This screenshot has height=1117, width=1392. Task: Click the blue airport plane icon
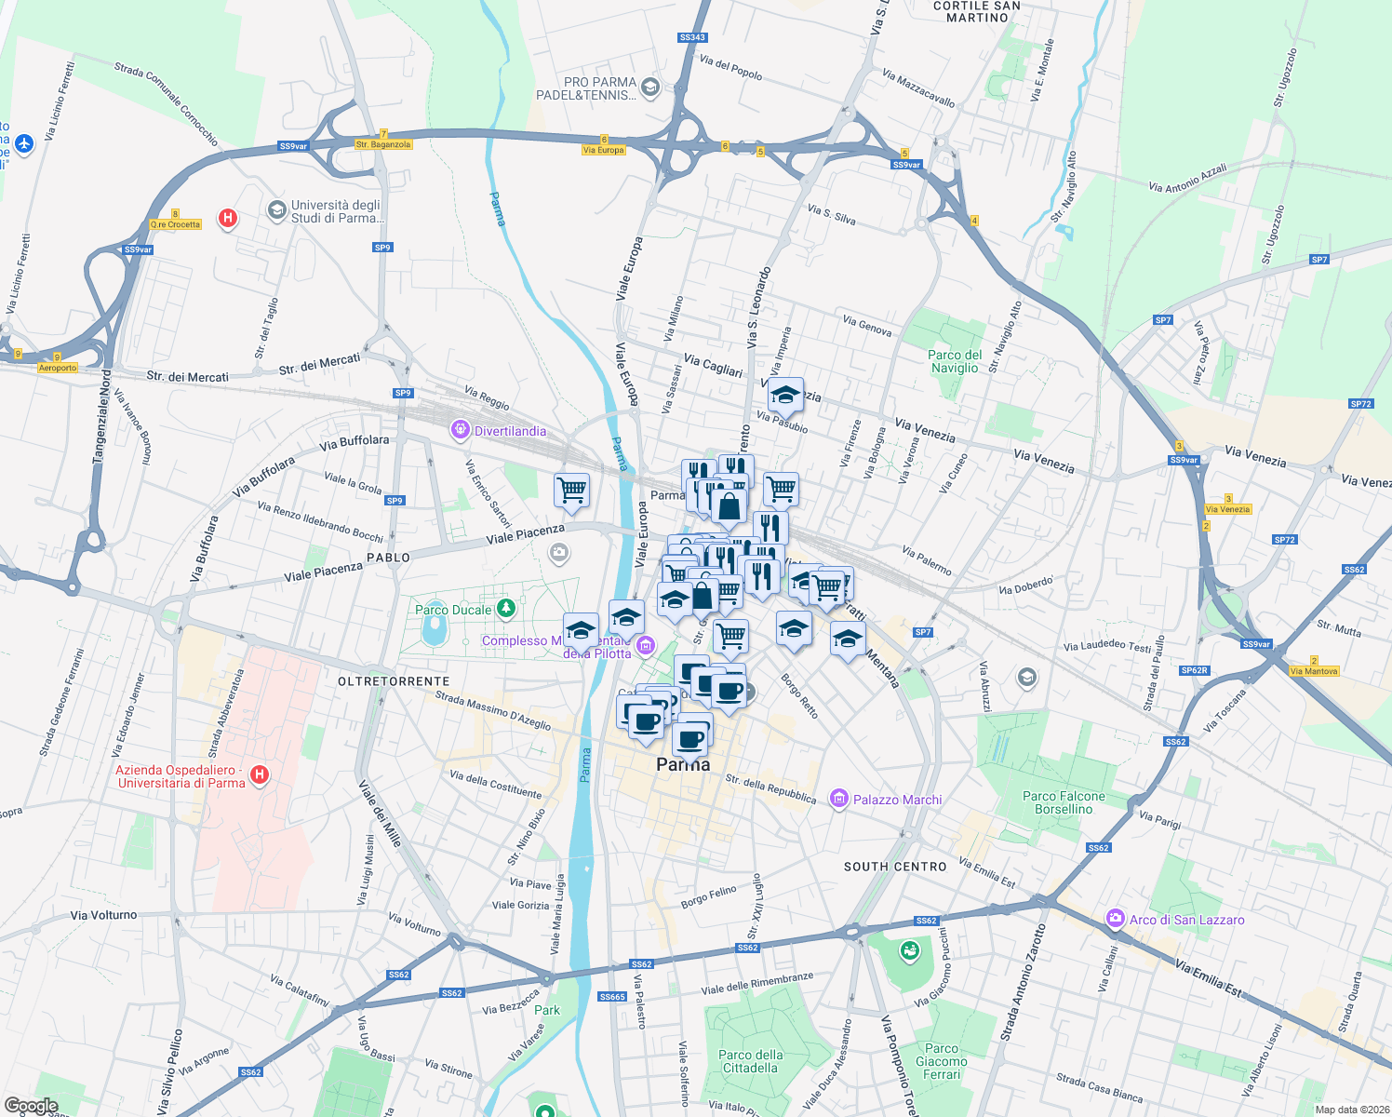point(24,143)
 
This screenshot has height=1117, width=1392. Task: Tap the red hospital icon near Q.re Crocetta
point(227,219)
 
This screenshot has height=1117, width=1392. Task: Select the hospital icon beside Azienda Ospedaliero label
point(260,774)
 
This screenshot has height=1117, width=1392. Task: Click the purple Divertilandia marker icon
point(460,430)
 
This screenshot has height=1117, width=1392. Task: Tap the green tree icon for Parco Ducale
point(505,609)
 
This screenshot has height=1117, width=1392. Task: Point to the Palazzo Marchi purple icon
point(839,799)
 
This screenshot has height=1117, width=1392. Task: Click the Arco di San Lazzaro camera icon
point(1115,919)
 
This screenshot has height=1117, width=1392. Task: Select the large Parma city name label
point(683,764)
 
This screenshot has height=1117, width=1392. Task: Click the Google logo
point(31,1106)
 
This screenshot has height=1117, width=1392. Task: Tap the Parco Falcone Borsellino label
point(1064,802)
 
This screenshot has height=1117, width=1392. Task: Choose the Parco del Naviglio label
point(955,361)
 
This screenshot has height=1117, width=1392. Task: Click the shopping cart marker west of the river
point(571,490)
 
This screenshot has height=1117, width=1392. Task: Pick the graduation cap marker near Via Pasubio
point(785,396)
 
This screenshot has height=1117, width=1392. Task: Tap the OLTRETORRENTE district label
point(394,681)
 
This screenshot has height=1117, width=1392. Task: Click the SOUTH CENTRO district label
point(895,867)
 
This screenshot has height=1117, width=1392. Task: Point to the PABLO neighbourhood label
point(388,558)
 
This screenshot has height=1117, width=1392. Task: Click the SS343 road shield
point(692,37)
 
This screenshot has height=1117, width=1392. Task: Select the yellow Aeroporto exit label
point(58,368)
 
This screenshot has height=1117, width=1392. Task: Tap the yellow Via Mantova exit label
point(1314,671)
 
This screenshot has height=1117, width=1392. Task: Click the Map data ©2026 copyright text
point(1348,1110)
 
